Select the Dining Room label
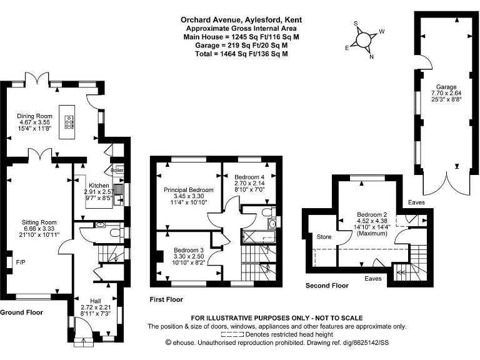[x=34, y=116]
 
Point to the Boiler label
[x=117, y=169]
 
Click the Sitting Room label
[x=39, y=221]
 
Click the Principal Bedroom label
[x=188, y=189]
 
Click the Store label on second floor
[x=324, y=237]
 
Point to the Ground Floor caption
[x=21, y=312]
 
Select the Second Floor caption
[x=327, y=286]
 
